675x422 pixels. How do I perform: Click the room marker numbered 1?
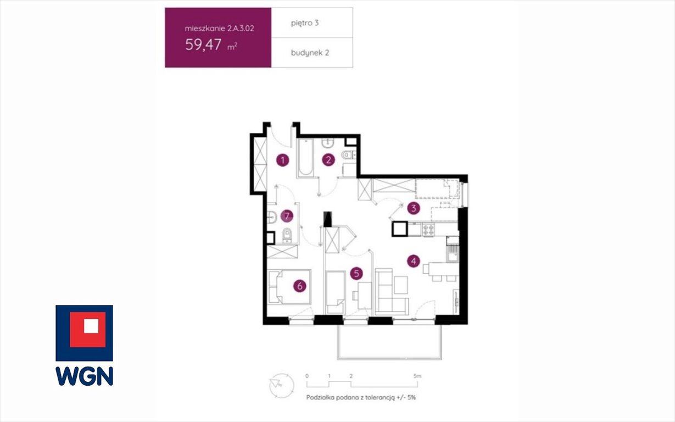pyautogui.click(x=283, y=160)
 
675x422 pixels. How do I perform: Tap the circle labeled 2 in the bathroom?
pyautogui.click(x=328, y=160)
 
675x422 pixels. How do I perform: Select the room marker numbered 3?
pyautogui.click(x=414, y=208)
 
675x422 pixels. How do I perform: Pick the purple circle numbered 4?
pyautogui.click(x=414, y=262)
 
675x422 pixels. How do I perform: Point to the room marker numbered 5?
pyautogui.click(x=356, y=274)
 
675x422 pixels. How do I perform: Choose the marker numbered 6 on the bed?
pyautogui.click(x=300, y=286)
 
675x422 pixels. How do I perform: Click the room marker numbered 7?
pyautogui.click(x=287, y=216)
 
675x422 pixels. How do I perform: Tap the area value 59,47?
pyautogui.click(x=203, y=45)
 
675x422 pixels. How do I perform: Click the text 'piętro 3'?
pyautogui.click(x=305, y=23)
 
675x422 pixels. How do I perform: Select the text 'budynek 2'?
pyautogui.click(x=310, y=53)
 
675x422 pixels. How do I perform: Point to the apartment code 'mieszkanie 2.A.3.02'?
pyautogui.click(x=219, y=29)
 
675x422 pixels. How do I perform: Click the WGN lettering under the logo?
pyautogui.click(x=85, y=376)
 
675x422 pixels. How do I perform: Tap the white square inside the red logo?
pyautogui.click(x=91, y=326)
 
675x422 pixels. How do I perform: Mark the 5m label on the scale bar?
pyautogui.click(x=417, y=376)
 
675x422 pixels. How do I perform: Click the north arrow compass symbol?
pyautogui.click(x=281, y=386)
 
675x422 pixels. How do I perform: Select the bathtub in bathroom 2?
pyautogui.click(x=305, y=158)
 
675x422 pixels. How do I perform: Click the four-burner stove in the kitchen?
pyautogui.click(x=428, y=230)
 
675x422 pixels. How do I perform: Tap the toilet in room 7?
pyautogui.click(x=287, y=235)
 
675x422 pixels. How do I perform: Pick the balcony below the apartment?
pyautogui.click(x=389, y=342)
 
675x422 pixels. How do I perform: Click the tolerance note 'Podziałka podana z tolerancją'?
pyautogui.click(x=350, y=397)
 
